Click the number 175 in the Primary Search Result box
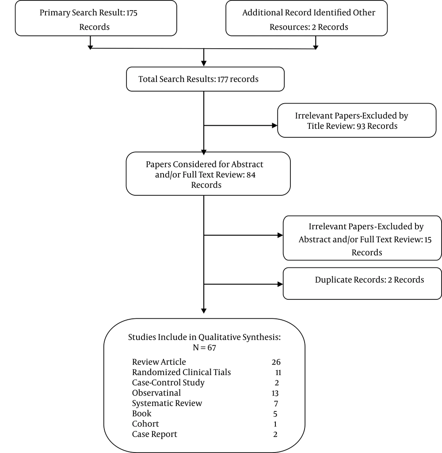pos(131,13)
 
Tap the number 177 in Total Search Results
pos(222,79)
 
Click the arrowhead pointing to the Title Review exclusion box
pos(275,125)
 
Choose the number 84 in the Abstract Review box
pos(251,175)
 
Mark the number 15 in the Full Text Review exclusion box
pos(428,240)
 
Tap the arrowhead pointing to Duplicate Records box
pos(280,284)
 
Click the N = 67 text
pos(204,348)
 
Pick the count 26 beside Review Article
pos(276,362)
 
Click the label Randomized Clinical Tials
pos(181,372)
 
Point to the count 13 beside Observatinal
pos(275,393)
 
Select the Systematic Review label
pos(167,403)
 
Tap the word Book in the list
pos(141,414)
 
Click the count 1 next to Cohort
pos(275,424)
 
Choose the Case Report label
pos(155,434)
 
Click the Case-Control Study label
pos(168,383)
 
